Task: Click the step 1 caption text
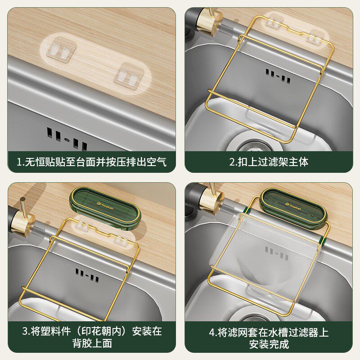91,162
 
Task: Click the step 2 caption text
269,162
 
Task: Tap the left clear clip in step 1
61,50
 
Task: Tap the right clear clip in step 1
129,76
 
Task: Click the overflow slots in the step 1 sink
67,138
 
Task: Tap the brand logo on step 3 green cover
105,206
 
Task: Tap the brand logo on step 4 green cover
293,207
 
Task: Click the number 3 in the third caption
25,332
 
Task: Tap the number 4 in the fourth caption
211,333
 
